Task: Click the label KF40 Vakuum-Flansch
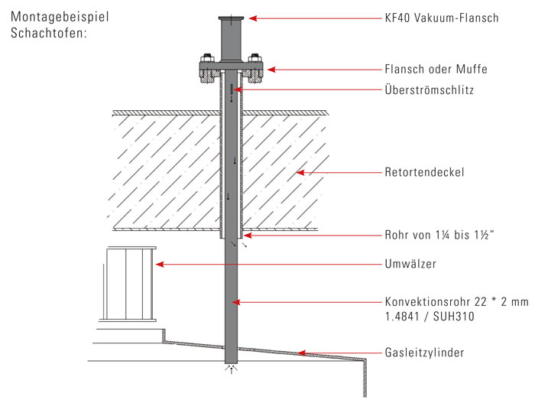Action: click(441, 18)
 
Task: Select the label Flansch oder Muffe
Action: click(435, 70)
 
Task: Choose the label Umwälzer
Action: click(408, 265)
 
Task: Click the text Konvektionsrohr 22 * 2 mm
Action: click(456, 302)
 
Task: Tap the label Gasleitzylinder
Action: click(425, 353)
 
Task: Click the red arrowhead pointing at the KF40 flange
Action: click(252, 18)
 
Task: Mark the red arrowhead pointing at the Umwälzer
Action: click(158, 265)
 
